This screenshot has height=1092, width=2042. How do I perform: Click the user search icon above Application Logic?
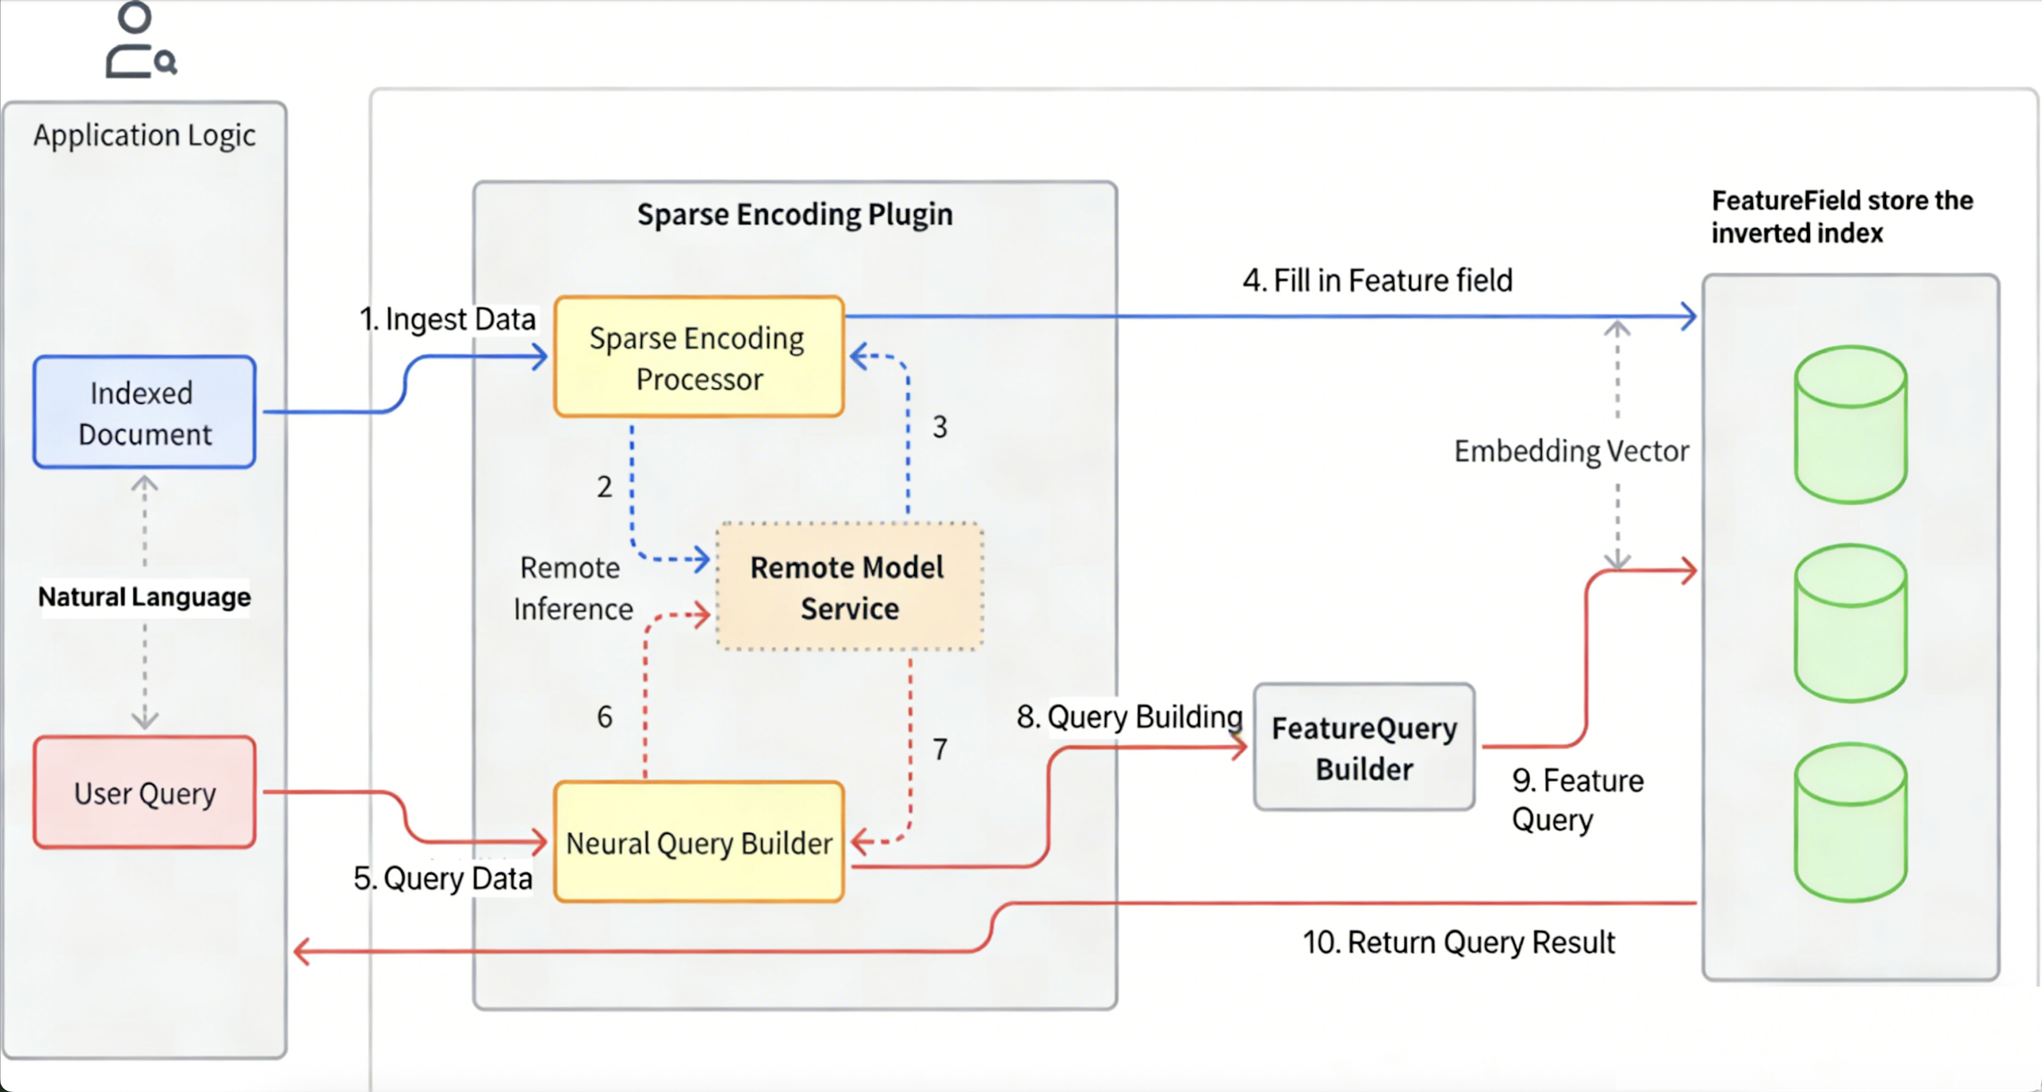click(140, 41)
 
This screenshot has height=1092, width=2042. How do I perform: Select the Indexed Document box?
click(145, 412)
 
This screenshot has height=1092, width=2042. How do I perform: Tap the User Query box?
click(145, 792)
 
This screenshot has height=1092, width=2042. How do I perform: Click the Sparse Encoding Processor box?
click(698, 357)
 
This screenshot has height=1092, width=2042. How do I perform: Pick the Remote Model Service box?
click(849, 587)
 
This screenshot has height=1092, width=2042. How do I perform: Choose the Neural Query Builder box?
click(698, 842)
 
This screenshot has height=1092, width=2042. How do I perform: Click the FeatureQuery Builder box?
click(1363, 747)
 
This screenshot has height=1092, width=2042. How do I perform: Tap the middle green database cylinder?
click(1850, 623)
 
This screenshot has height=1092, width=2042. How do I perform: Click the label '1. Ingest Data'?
click(448, 319)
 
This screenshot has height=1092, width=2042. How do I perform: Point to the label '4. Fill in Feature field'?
click(1377, 280)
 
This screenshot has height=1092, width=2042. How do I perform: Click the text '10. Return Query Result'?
click(1458, 942)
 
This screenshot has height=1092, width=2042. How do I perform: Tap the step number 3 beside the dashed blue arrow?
click(940, 427)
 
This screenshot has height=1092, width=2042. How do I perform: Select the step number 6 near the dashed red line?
click(604, 716)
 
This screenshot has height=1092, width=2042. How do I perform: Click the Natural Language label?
click(145, 596)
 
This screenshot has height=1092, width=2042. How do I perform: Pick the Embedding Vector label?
click(1570, 450)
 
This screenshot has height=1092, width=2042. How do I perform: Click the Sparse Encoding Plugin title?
click(794, 214)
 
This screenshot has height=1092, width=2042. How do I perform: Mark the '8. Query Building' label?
click(1129, 716)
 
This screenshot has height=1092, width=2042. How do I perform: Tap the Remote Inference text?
click(572, 588)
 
